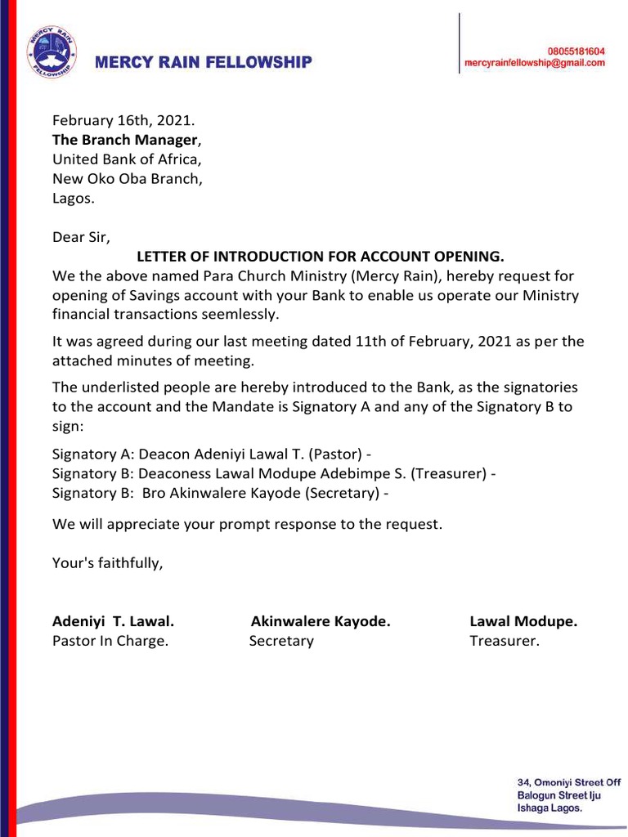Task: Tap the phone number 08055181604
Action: point(570,51)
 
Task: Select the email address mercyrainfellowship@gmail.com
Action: point(535,63)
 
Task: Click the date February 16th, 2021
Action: point(123,120)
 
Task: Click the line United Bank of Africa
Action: point(127,159)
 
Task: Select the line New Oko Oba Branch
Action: point(128,178)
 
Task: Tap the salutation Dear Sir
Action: point(80,237)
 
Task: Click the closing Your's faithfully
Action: point(107,562)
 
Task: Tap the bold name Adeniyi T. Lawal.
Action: point(113,621)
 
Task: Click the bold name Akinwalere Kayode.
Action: point(321,621)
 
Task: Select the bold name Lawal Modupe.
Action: point(523,621)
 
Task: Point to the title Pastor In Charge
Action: point(110,641)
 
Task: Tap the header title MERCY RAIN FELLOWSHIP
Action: point(204,62)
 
